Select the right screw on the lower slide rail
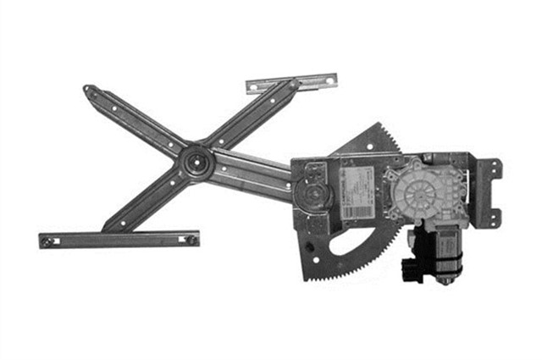coord(191,239)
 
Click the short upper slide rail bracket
coord(290,82)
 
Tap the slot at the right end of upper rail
coord(324,80)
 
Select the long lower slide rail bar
coord(119,240)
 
